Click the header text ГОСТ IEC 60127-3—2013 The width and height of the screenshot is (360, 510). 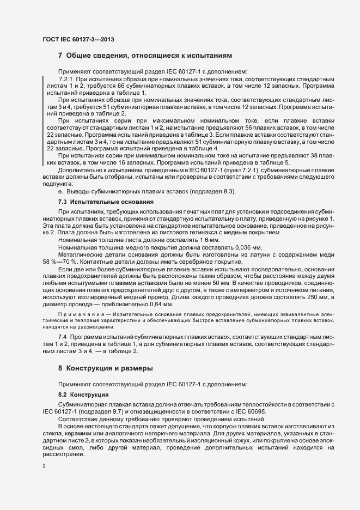[77, 39]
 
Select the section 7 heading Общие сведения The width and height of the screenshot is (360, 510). [145, 56]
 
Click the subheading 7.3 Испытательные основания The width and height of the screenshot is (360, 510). [106, 202]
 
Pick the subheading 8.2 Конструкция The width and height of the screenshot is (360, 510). [83, 394]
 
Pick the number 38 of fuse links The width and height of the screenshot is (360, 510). [328, 155]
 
